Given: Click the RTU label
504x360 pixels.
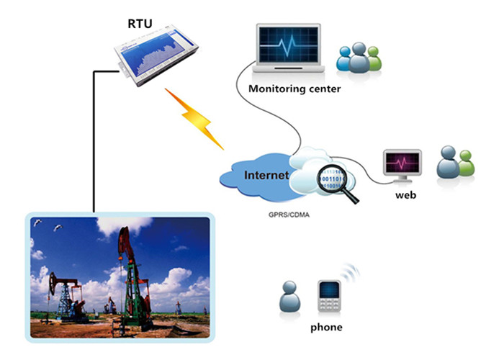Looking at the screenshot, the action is tap(140, 24).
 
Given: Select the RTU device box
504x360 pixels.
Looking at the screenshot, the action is tap(156, 55).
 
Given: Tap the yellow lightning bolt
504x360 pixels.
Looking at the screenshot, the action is tap(194, 119).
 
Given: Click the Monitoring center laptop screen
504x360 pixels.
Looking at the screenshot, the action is tap(288, 45).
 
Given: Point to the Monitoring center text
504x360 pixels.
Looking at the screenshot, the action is tap(294, 89).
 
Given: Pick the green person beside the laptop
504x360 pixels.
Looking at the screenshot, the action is tap(374, 59).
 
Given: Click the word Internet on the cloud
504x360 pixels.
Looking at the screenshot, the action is tap(266, 175).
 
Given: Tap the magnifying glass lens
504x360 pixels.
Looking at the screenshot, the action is tap(332, 179).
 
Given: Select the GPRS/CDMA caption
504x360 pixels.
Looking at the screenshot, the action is tap(289, 215).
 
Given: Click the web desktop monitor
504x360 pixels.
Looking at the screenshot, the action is tap(402, 166).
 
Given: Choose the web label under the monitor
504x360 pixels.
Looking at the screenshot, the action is tap(405, 195).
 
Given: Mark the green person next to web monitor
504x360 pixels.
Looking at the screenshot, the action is tap(466, 163).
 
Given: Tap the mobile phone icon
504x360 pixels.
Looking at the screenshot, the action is tap(329, 296).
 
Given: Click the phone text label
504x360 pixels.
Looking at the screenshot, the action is tap(326, 327).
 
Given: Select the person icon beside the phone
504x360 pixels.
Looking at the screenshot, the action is tap(289, 297).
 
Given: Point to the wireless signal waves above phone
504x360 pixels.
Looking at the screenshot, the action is tap(351, 272).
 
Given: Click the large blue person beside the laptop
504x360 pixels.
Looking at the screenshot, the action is tap(359, 58).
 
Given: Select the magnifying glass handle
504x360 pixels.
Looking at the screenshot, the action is tap(351, 197).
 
